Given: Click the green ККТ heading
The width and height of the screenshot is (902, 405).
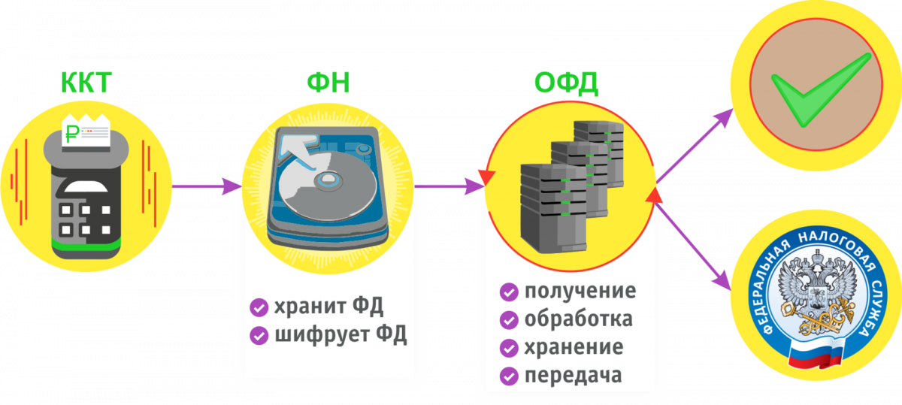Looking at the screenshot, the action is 86,83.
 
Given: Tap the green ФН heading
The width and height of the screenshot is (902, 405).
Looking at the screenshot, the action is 328,83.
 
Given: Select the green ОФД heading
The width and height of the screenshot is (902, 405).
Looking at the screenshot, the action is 566,83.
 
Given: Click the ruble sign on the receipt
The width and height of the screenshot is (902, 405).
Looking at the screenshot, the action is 72,134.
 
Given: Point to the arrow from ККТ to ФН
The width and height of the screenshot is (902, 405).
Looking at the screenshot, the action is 207,186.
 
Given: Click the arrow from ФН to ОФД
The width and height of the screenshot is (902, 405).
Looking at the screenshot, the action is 449,186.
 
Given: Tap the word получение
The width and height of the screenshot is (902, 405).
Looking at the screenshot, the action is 580,291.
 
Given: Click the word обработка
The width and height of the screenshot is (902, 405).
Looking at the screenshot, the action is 579,319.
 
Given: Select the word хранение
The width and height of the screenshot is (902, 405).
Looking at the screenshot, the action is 574,347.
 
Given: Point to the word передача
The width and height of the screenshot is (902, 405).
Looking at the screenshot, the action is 574,375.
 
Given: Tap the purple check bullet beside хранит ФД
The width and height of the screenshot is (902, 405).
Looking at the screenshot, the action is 259,308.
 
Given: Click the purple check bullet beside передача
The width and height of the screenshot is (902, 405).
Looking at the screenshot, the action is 509,376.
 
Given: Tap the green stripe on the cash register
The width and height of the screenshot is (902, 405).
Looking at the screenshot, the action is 86,243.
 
